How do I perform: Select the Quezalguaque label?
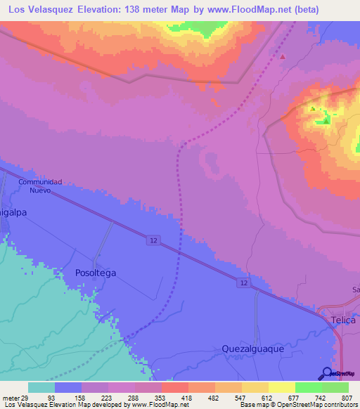252,348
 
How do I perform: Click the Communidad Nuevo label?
41,186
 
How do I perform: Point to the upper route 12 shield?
153,240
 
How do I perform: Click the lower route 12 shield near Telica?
243,283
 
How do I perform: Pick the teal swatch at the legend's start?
41,387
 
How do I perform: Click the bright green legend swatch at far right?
335,387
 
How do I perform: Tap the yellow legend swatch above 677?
281,387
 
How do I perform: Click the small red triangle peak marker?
283,56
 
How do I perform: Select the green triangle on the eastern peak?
326,121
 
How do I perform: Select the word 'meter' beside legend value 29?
12,398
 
